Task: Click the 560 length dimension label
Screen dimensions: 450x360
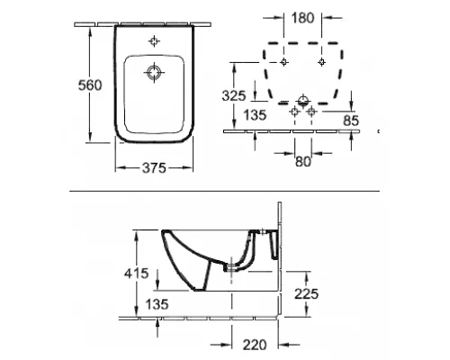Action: click(x=90, y=85)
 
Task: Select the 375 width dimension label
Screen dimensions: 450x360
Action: click(x=154, y=168)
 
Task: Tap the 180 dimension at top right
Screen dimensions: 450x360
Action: click(x=302, y=18)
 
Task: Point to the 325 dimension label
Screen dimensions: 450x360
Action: click(x=234, y=95)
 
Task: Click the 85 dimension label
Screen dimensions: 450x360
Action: click(x=351, y=121)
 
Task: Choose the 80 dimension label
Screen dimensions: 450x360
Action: click(x=303, y=162)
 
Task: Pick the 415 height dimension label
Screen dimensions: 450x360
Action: click(x=137, y=274)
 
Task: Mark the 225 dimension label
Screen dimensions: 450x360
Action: click(x=306, y=293)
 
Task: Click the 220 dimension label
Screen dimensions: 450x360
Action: click(x=255, y=345)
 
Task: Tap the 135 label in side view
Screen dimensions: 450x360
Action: click(x=157, y=304)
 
